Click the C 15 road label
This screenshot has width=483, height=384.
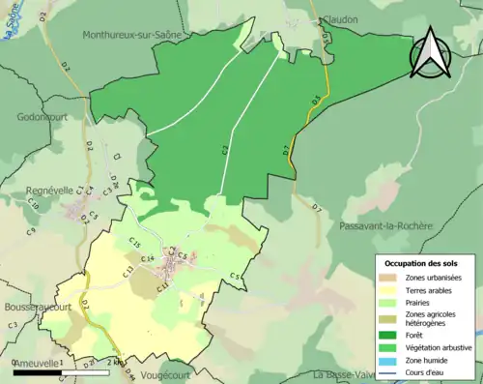[135, 242]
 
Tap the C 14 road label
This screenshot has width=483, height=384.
[147, 259]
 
